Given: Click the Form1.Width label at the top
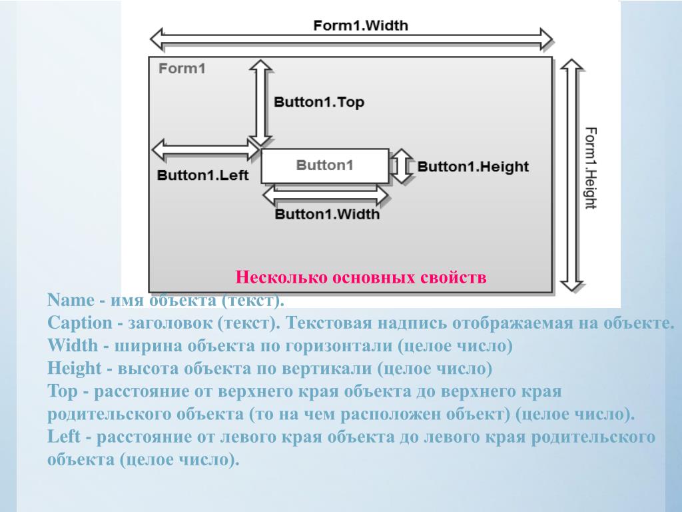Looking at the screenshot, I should click(360, 26).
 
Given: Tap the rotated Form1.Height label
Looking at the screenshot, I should click(590, 167).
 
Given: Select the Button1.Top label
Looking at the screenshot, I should click(319, 103).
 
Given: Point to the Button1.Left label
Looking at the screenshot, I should click(202, 175).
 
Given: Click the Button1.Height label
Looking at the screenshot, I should click(473, 167).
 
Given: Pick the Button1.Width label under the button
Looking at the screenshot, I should click(327, 214).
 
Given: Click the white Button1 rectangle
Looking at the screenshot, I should click(324, 166).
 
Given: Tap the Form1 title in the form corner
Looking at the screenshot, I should click(182, 68).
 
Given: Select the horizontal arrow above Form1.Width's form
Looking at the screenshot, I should click(352, 40).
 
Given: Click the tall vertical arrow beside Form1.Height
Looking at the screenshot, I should click(571, 175).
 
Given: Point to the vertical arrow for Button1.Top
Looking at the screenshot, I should click(260, 102).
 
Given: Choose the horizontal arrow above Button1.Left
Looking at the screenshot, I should click(206, 149).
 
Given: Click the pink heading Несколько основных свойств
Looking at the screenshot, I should click(362, 277).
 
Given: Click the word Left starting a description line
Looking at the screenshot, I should click(64, 437).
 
